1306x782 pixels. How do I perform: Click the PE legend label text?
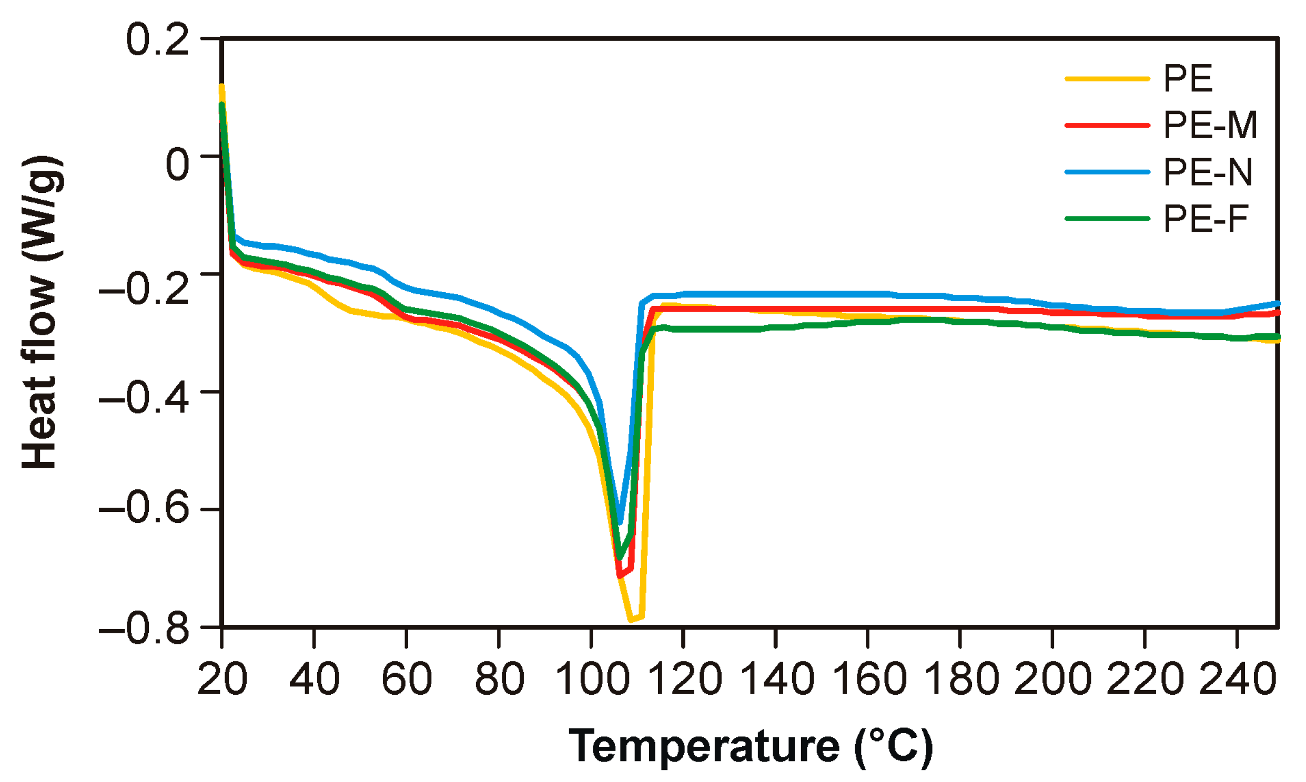(1187, 79)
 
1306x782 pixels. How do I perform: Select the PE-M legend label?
(1210, 126)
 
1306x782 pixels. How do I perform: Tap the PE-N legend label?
(1208, 172)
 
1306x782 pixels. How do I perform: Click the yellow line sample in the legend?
(1107, 79)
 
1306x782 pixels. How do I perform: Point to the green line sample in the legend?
(1107, 218)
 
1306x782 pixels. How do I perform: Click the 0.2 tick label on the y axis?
(157, 39)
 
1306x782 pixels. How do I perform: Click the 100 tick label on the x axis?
(592, 679)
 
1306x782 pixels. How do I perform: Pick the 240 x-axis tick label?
(1238, 679)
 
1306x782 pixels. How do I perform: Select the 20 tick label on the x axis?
(222, 679)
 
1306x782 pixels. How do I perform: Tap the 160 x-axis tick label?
(868, 679)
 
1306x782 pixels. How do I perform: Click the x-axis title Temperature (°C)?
(751, 746)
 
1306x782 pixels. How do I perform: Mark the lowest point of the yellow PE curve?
(631, 620)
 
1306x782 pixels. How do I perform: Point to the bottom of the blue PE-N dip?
(621, 523)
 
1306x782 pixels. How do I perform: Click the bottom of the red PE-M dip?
(620, 576)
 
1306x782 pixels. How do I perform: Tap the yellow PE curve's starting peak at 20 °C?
(222, 86)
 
